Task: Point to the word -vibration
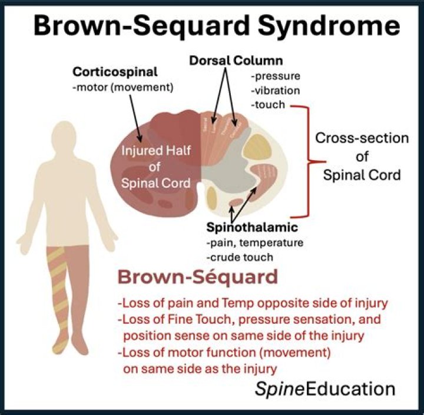point(275,91)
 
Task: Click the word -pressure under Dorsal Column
point(274,77)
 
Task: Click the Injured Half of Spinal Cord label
point(155,166)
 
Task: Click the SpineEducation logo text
point(324,389)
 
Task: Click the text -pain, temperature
point(246,243)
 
